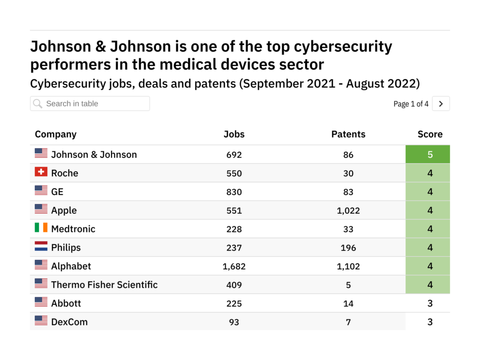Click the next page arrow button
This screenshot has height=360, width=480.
pyautogui.click(x=441, y=104)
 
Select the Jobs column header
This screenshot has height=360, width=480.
pyautogui.click(x=234, y=134)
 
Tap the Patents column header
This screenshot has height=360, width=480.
pyautogui.click(x=348, y=134)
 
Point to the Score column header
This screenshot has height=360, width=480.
pyautogui.click(x=430, y=134)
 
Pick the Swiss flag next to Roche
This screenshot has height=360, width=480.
pyautogui.click(x=41, y=172)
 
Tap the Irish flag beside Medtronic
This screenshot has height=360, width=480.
pyautogui.click(x=41, y=228)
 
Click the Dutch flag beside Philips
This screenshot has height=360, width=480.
pyautogui.click(x=41, y=247)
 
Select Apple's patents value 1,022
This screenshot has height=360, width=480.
pyautogui.click(x=348, y=210)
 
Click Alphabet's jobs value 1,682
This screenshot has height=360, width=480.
pyautogui.click(x=234, y=266)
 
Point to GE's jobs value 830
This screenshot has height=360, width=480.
pyautogui.click(x=234, y=192)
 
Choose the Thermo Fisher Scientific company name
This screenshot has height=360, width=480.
pyautogui.click(x=104, y=285)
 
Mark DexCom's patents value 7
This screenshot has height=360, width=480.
pyautogui.click(x=348, y=322)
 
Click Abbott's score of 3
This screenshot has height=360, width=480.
pyautogui.click(x=430, y=303)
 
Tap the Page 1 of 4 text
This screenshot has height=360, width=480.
pyautogui.click(x=411, y=104)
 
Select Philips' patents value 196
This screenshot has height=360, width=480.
pyautogui.click(x=348, y=247)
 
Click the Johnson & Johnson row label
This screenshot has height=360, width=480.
pyautogui.click(x=94, y=155)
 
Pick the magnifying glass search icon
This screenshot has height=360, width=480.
pyautogui.click(x=38, y=104)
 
